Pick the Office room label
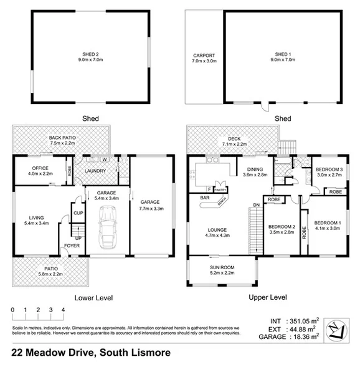(41, 168)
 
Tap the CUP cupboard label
(78, 213)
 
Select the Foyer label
(72, 245)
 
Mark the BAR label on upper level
(204, 199)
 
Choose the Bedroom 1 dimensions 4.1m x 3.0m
(328, 229)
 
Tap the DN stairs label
(255, 205)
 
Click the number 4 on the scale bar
(63, 310)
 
